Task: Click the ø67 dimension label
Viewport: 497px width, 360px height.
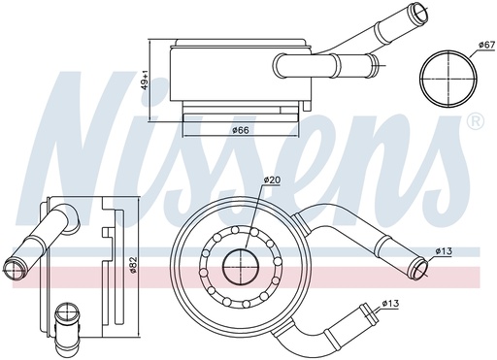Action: [485, 45]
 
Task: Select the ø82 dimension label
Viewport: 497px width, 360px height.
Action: [134, 263]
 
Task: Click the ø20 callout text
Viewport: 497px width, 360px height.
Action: [272, 180]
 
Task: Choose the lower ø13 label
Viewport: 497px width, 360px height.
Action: [390, 304]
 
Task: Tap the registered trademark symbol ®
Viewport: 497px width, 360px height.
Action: [475, 121]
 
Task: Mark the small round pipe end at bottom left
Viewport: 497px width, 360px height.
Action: [67, 313]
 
